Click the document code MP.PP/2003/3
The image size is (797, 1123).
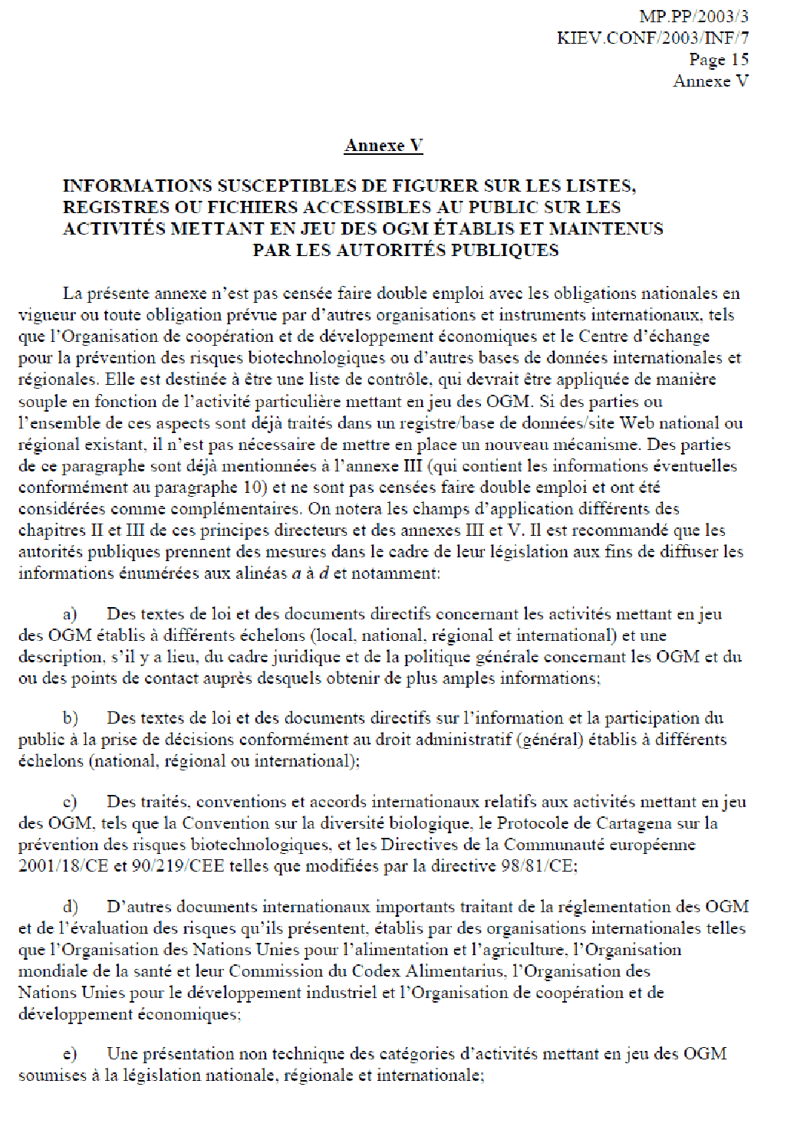point(693,16)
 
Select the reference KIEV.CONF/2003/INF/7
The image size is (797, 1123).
point(653,38)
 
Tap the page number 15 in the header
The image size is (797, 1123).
point(739,59)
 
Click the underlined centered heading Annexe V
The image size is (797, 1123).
point(384,146)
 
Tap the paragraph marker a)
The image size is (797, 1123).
point(70,614)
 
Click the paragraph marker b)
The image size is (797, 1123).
point(71,718)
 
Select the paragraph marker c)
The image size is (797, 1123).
point(70,802)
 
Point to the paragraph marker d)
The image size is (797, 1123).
point(71,907)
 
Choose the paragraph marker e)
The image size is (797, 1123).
point(70,1054)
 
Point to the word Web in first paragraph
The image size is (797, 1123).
point(637,423)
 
